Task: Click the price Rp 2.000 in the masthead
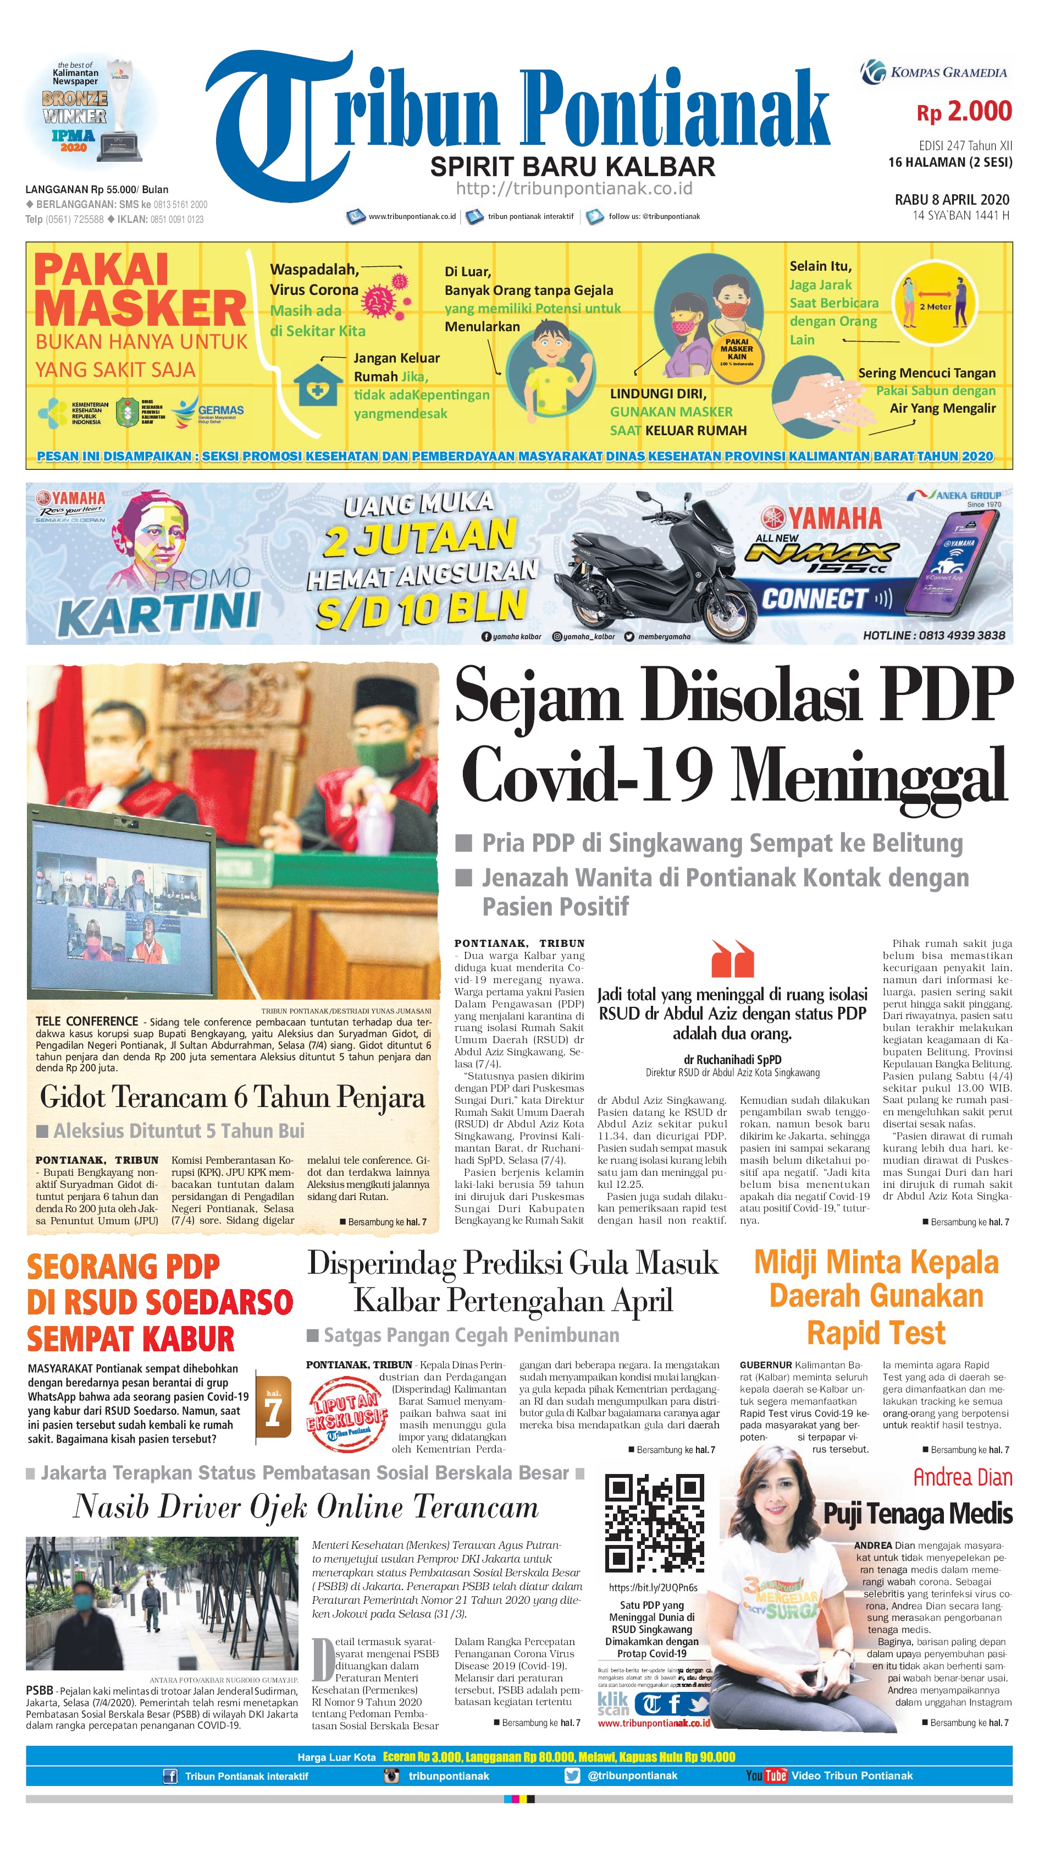click(x=964, y=112)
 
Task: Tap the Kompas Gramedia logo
click(x=935, y=72)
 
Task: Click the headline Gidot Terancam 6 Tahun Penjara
click(x=232, y=1097)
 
